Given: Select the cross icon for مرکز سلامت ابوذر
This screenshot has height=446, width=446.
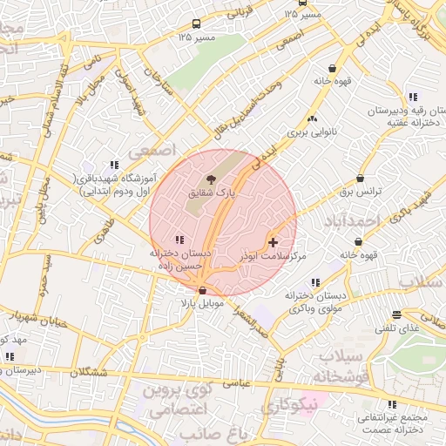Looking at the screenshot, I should [274, 241].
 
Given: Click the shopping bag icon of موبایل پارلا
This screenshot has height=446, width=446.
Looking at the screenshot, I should [203, 290].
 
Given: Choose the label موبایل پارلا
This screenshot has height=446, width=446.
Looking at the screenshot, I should [202, 304].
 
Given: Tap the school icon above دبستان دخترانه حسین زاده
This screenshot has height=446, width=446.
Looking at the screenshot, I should [179, 240].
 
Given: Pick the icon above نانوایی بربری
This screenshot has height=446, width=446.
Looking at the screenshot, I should [313, 118].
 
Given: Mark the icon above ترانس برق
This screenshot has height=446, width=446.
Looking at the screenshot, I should [361, 177].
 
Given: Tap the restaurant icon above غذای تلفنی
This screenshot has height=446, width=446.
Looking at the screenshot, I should [396, 314].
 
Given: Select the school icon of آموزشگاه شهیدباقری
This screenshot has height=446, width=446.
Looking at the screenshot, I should [113, 165].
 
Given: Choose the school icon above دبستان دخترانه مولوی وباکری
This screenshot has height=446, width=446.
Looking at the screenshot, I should [314, 282].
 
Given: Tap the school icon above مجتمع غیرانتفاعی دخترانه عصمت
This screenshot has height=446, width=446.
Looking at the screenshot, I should [392, 404].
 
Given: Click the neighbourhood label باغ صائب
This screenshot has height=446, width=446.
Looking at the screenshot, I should [214, 433].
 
